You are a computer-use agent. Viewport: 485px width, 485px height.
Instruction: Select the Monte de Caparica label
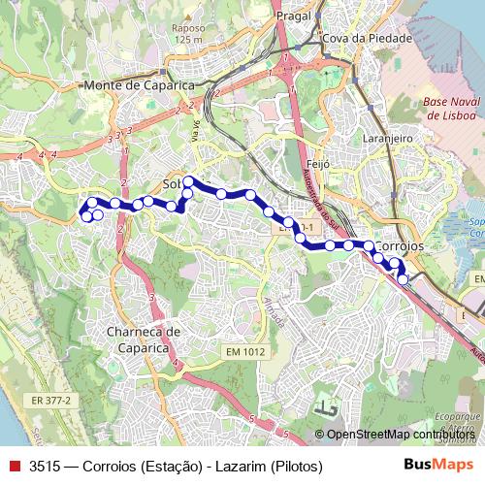coord(140,86)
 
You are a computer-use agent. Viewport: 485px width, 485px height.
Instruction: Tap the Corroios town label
coord(400,247)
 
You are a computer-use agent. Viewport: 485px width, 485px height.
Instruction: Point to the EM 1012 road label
coord(242,351)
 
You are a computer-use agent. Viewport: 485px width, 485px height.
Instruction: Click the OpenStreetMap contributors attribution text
coord(404,435)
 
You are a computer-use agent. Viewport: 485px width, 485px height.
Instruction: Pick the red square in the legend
coord(15,466)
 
